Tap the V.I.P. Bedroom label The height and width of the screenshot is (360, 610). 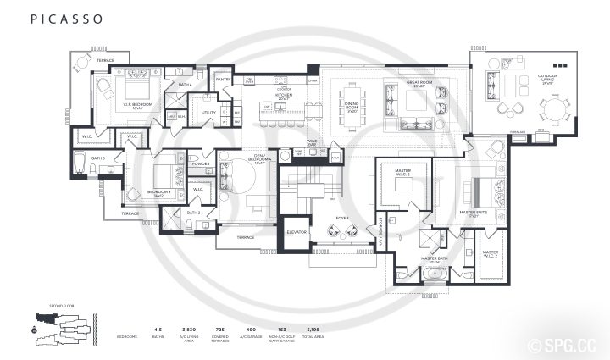[x=138, y=103]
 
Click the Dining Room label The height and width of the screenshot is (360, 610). [x=351, y=108]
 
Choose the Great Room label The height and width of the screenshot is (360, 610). [x=418, y=86]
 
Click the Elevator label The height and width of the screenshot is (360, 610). [x=296, y=231]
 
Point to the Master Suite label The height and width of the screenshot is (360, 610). [x=473, y=213]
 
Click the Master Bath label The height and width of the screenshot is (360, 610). [x=434, y=260]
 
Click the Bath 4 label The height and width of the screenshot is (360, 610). [x=185, y=85]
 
